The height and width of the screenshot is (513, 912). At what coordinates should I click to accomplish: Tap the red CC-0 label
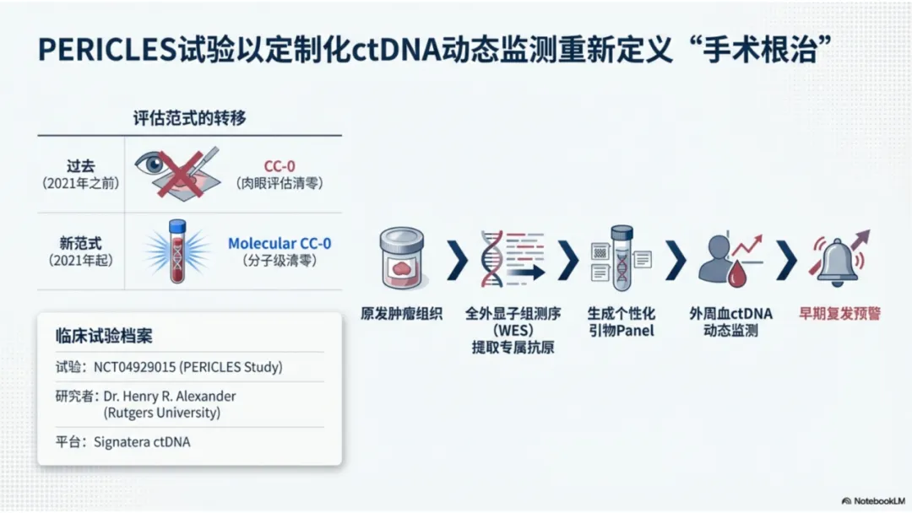pos(280,166)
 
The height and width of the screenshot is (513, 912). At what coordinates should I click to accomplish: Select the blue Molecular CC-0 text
pos(280,243)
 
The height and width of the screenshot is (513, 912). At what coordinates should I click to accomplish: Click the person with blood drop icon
pos(728,259)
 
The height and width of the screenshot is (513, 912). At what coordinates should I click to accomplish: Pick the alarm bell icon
pos(839,257)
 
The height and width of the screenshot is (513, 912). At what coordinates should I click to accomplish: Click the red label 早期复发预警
pos(839,314)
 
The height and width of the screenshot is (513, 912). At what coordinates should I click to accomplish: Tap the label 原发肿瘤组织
pos(401,314)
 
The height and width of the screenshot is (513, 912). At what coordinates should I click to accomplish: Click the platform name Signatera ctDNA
pos(142,441)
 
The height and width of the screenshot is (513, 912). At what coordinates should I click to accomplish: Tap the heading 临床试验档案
pos(104,335)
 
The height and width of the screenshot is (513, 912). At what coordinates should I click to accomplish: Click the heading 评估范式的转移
pos(190,118)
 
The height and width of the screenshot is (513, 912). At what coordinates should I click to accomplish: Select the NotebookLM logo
pos(873,500)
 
